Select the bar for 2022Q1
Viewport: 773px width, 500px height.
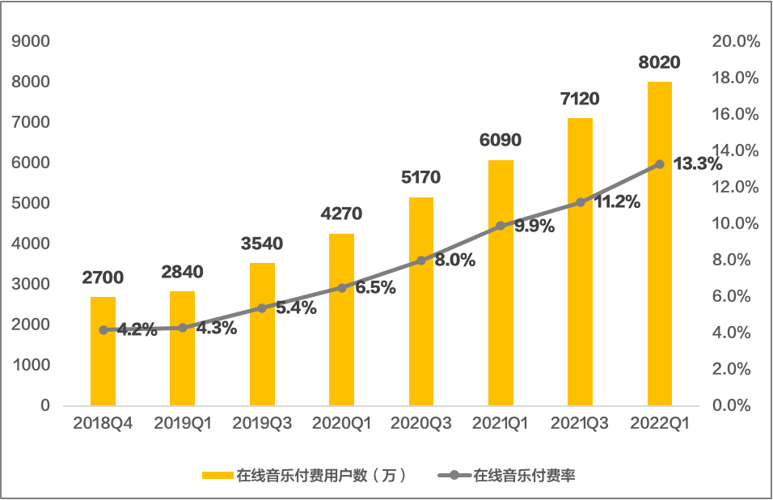pyautogui.click(x=660, y=243)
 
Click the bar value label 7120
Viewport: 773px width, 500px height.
pyautogui.click(x=580, y=100)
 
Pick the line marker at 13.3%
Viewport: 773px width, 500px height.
pyautogui.click(x=660, y=164)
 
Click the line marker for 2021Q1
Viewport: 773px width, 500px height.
pyautogui.click(x=501, y=226)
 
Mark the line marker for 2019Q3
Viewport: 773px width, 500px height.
pyautogui.click(x=261, y=308)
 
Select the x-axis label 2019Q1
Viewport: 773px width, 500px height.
pyautogui.click(x=183, y=424)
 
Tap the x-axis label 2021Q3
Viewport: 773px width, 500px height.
pyautogui.click(x=580, y=424)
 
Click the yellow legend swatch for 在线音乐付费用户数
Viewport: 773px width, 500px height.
pyautogui.click(x=217, y=476)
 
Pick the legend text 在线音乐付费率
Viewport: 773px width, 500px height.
pyautogui.click(x=524, y=476)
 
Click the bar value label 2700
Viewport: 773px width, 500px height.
pyautogui.click(x=103, y=278)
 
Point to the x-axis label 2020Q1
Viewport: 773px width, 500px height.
pyautogui.click(x=341, y=424)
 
